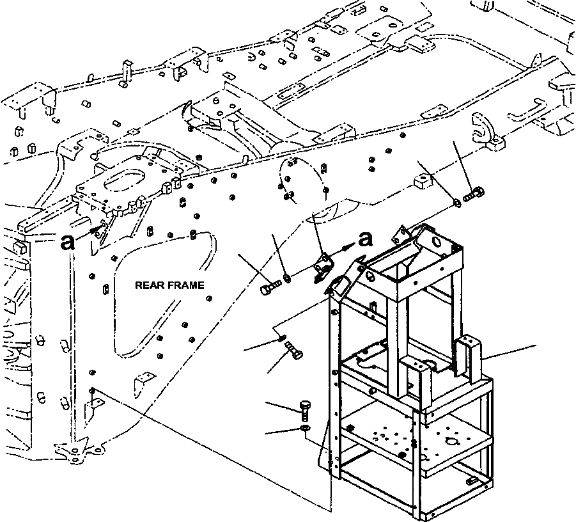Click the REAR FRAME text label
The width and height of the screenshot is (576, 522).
tap(169, 285)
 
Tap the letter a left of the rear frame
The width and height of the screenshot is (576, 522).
tap(68, 242)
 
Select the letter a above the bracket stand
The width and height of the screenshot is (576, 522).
tap(365, 239)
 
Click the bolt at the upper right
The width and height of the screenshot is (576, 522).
tap(474, 194)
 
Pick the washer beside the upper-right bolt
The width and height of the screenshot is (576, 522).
tap(457, 203)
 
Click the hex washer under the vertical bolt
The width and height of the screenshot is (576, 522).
tap(305, 428)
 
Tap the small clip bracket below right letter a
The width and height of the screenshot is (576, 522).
tap(323, 265)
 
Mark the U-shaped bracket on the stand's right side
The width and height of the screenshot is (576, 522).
tap(468, 356)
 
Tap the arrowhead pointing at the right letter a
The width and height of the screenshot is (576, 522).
tap(346, 248)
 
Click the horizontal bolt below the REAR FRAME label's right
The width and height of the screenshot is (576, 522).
tap(270, 287)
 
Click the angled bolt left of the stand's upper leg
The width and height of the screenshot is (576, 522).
tap(294, 349)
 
